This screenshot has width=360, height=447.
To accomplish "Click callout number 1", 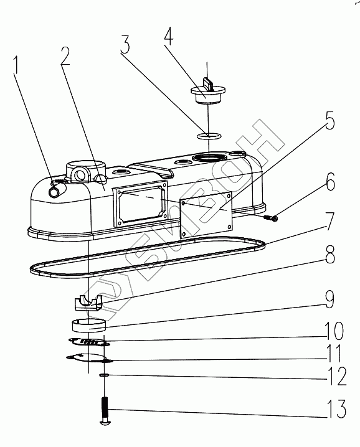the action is pyautogui.click(x=16, y=65).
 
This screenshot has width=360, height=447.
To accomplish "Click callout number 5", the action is pyautogui.click(x=329, y=120).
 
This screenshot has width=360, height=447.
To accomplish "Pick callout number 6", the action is pyautogui.click(x=331, y=181).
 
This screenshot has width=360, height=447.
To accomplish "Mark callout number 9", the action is pyautogui.click(x=329, y=299).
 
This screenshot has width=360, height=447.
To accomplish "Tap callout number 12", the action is pyautogui.click(x=337, y=376).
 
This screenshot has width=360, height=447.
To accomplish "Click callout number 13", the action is pyautogui.click(x=337, y=408).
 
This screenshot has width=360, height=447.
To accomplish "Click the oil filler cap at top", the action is pyautogui.click(x=208, y=91).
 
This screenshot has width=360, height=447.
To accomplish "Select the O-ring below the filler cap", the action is pyautogui.click(x=210, y=136).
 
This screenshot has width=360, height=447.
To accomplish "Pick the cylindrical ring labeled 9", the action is pyautogui.click(x=88, y=326).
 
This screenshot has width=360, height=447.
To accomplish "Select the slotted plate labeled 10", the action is pyautogui.click(x=89, y=342).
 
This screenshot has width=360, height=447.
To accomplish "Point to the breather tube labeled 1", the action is pyautogui.click(x=57, y=189).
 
